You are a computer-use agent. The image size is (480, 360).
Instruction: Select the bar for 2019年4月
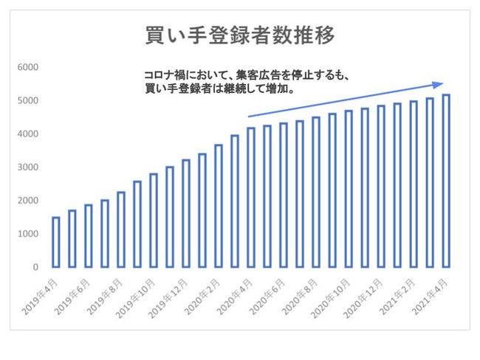55,242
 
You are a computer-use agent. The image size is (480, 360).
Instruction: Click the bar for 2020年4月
251,197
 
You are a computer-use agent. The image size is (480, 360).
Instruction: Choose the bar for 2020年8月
316,192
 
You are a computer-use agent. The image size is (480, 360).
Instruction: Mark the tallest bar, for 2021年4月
446,181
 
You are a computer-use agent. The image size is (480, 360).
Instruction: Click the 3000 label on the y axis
28,167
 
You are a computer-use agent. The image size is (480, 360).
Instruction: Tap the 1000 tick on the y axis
28,234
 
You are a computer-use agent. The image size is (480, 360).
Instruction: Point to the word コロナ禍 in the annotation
164,75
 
